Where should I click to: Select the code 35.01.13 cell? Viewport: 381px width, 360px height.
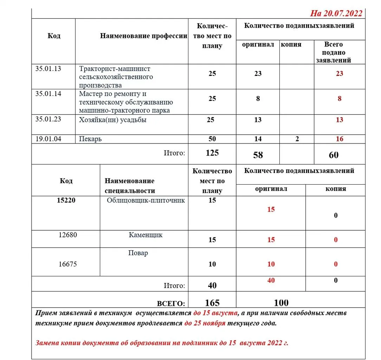48,69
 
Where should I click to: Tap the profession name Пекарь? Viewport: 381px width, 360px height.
90,139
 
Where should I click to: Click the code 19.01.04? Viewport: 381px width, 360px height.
48,139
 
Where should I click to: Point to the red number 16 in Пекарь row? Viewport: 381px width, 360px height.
339,139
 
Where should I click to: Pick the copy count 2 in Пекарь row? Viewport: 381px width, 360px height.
297,139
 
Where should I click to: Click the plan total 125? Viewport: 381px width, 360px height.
212,153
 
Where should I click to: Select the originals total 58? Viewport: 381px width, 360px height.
258,155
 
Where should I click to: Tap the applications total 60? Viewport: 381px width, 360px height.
334,155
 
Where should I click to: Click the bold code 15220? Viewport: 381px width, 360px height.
66,200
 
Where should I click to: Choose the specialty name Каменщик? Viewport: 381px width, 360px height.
146,235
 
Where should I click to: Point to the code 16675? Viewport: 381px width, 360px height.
67,264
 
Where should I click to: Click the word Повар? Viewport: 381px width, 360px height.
138,253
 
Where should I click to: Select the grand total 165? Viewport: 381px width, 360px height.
212,303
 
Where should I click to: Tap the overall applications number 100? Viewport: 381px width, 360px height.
281,303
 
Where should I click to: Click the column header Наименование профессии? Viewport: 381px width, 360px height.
143,36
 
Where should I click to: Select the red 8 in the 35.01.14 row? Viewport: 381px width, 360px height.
339,99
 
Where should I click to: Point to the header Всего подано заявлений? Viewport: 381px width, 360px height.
334,52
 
